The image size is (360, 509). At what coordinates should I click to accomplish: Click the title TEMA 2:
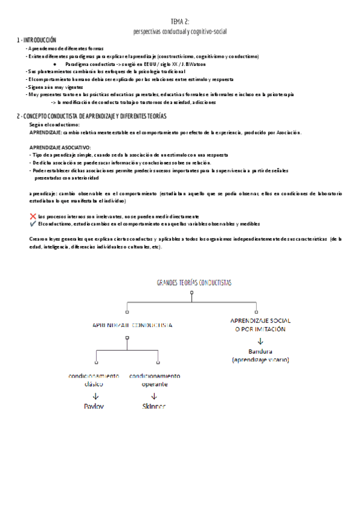(x=180, y=22)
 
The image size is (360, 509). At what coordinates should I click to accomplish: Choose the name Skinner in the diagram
(x=154, y=406)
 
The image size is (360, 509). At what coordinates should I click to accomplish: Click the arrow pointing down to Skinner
(x=154, y=396)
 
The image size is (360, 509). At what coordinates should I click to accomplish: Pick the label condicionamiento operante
(x=154, y=380)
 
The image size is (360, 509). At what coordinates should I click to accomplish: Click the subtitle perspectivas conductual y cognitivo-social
(x=180, y=31)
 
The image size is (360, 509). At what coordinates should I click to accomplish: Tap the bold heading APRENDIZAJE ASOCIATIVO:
(x=60, y=147)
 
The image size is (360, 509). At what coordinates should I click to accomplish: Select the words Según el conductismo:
(x=54, y=124)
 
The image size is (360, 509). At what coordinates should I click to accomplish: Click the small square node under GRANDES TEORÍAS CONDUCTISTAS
(x=191, y=294)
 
